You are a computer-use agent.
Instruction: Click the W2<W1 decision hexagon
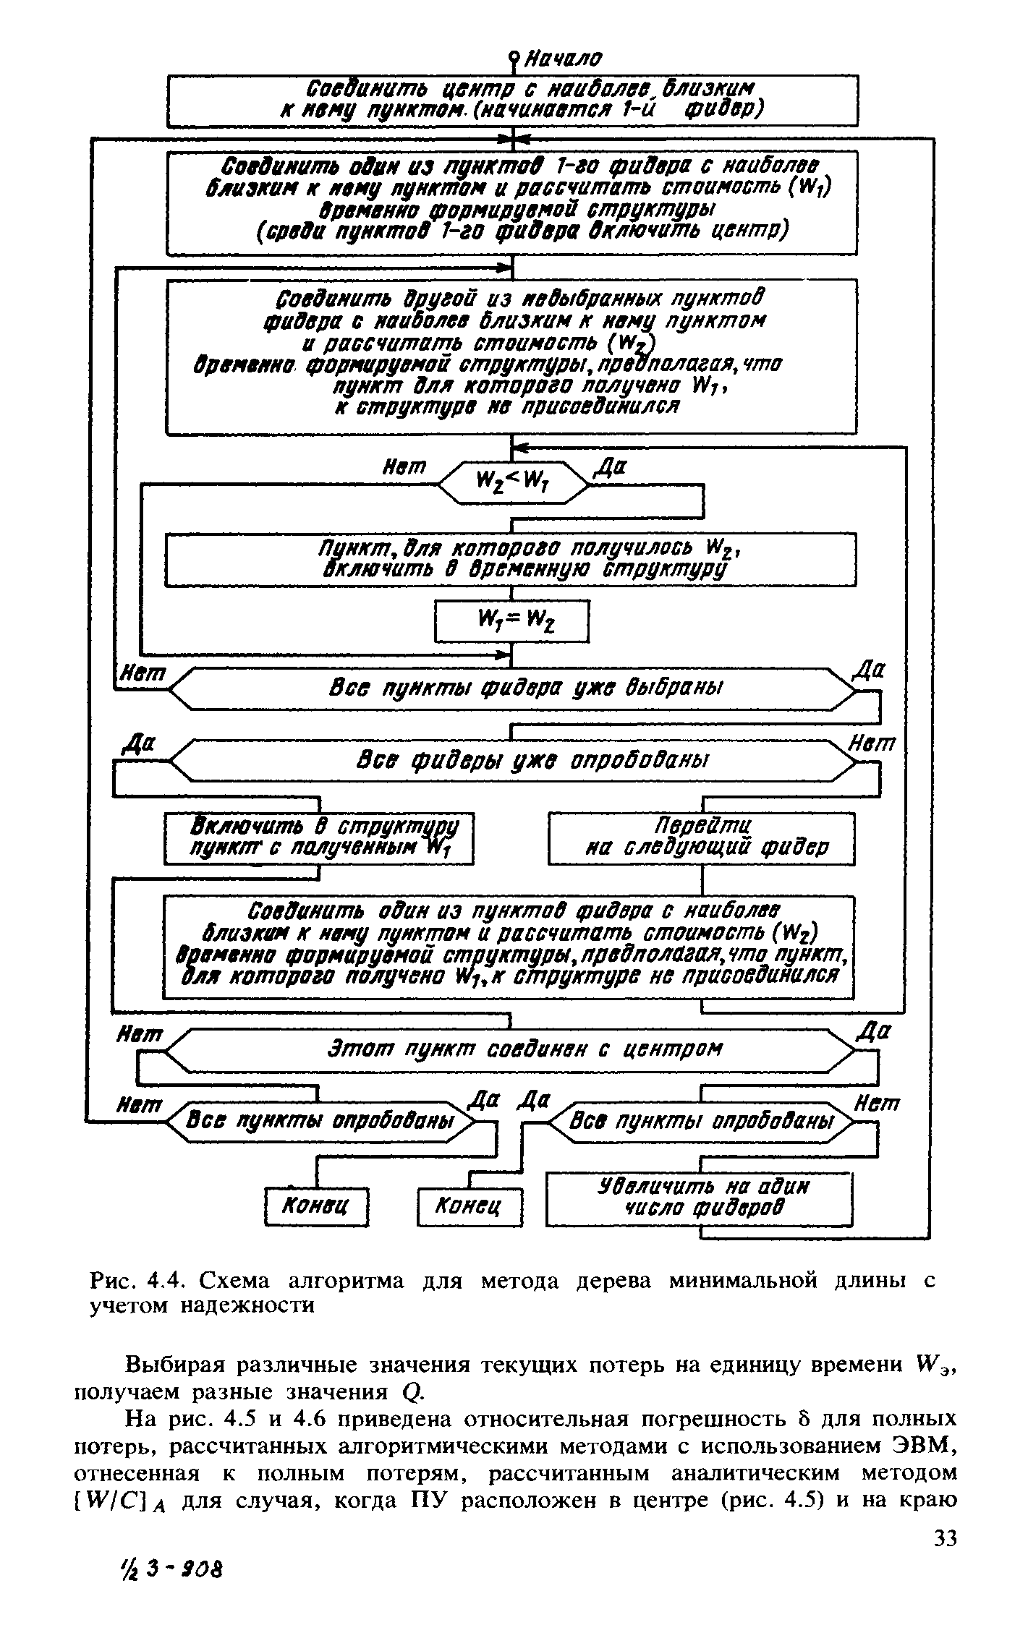tap(513, 481)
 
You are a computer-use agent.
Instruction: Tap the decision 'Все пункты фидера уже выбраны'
tap(512, 688)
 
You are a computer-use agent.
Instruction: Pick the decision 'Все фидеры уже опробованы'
tap(512, 760)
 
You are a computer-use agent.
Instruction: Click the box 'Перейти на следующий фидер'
tap(701, 837)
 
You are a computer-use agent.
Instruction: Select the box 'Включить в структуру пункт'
tap(318, 837)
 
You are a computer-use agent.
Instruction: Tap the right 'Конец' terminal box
tap(470, 1206)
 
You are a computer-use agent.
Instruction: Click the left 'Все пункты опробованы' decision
tap(318, 1121)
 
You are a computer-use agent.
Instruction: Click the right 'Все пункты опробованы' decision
tap(701, 1121)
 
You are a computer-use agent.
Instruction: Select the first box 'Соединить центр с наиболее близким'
tap(512, 100)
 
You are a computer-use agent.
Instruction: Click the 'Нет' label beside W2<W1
tap(404, 467)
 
